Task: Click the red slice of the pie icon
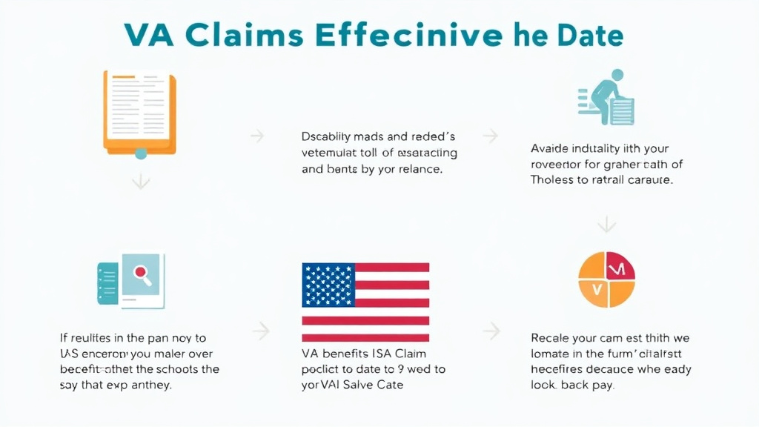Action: pyautogui.click(x=620, y=268)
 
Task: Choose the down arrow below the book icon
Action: pyautogui.click(x=140, y=182)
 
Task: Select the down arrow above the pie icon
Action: pyautogui.click(x=607, y=223)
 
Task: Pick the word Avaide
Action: pyautogui.click(x=550, y=148)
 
